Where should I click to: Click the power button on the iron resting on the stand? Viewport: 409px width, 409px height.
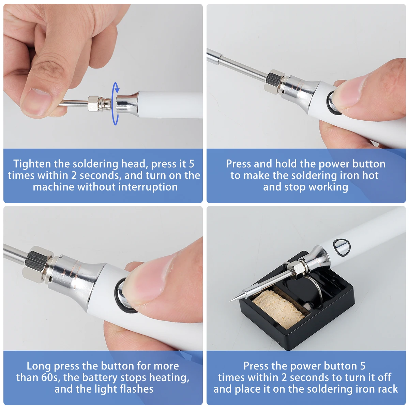point(342,247)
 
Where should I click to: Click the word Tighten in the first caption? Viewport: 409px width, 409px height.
point(32,164)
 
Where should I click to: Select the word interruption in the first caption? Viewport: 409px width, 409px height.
point(148,187)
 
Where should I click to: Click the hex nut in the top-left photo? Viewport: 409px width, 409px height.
point(93,104)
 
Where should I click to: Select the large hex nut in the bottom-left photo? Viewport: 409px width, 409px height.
point(37,264)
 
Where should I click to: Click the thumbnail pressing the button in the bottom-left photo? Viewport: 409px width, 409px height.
point(149,284)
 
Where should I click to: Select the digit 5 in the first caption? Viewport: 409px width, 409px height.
point(191,164)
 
